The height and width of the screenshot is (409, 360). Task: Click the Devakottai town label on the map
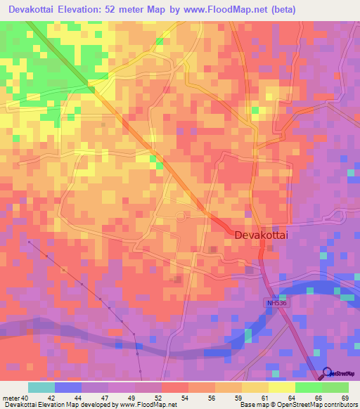[x=262, y=238]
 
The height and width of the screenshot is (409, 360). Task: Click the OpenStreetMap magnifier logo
[x=328, y=373]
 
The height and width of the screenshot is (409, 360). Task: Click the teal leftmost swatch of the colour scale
[x=41, y=387]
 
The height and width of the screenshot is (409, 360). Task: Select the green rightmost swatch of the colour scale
[x=335, y=387]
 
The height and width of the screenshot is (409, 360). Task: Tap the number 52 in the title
[x=114, y=9]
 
